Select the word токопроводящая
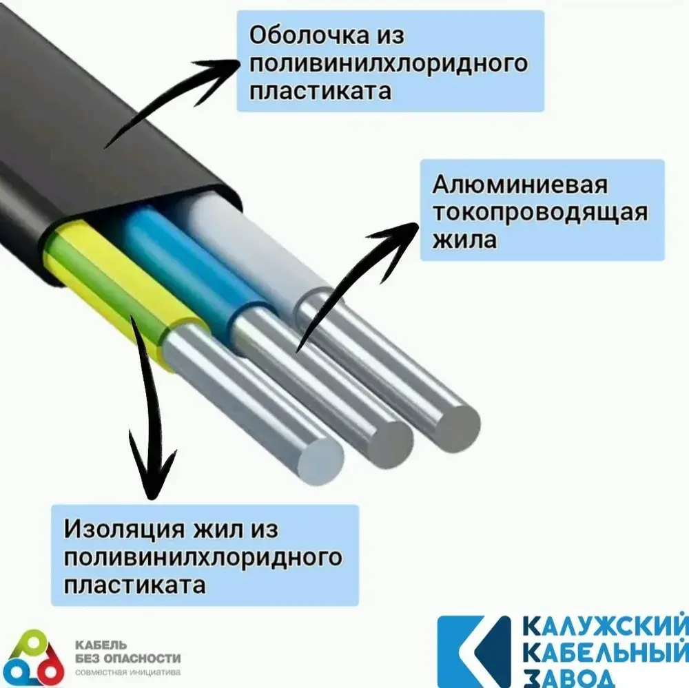539,212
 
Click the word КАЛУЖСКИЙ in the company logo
604,628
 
